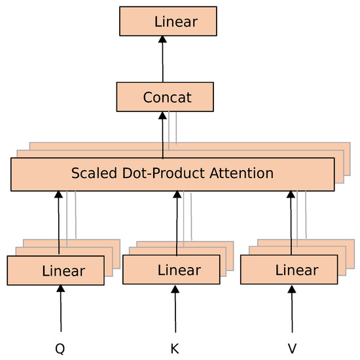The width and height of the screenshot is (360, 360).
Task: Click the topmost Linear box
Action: tap(167, 22)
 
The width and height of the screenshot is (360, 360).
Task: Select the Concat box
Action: tap(164, 98)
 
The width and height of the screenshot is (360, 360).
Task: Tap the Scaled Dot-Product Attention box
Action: tap(172, 173)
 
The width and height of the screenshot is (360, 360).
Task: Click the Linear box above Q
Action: tap(56, 270)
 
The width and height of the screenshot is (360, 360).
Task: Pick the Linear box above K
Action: tap(171, 270)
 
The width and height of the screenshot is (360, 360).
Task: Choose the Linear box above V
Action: tap(289, 270)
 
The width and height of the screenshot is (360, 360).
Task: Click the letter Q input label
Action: tap(60, 349)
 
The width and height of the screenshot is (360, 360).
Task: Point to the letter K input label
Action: tap(175, 349)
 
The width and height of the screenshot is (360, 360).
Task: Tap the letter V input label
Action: tap(292, 349)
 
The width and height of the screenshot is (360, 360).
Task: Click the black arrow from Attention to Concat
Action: tap(163, 135)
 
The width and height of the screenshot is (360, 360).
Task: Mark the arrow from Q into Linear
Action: tap(60, 309)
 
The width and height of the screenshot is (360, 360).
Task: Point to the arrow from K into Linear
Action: tap(175, 309)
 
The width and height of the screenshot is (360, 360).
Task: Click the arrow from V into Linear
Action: tap(292, 309)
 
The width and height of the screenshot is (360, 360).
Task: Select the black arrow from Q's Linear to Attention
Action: tap(59, 223)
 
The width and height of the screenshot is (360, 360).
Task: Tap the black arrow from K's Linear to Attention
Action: tap(176, 223)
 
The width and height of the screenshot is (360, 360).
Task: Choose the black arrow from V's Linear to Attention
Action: tap(291, 223)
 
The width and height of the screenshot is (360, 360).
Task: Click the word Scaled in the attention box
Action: tap(92, 173)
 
